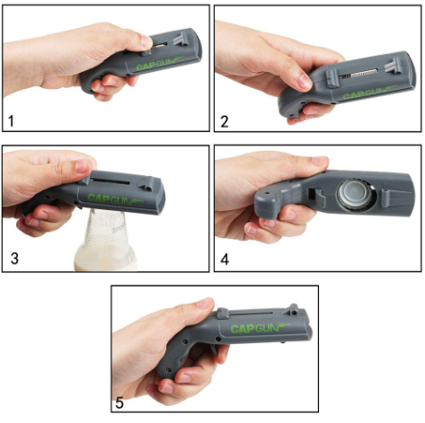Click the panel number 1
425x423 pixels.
click(11, 121)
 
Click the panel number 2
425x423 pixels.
click(225, 121)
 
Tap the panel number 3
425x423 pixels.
click(14, 259)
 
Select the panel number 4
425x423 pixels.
click(225, 260)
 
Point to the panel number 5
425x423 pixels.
click(120, 402)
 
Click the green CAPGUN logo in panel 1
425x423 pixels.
click(160, 63)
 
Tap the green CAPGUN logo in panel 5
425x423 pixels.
click(260, 328)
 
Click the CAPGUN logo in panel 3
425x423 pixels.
click(115, 198)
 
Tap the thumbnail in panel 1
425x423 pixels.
click(146, 41)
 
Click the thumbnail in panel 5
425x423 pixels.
click(206, 304)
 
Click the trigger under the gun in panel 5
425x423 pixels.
click(215, 349)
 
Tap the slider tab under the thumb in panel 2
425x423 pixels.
click(332, 78)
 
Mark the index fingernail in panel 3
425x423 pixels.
click(84, 166)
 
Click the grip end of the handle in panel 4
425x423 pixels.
click(269, 200)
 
